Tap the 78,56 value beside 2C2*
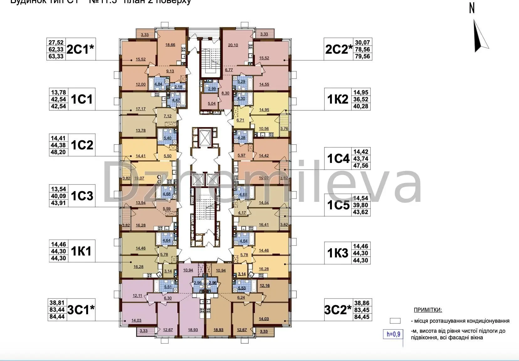pos(362,50)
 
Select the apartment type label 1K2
pos(338,100)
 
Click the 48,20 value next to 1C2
pos(58,152)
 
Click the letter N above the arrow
pos(472,8)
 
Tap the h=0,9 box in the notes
pos(393,334)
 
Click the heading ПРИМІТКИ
pos(428,310)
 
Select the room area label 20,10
pos(233,45)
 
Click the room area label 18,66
pos(170,45)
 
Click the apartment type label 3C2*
pos(338,310)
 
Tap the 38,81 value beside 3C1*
pos(58,303)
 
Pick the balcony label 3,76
pos(284,128)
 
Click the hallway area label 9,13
pos(170,71)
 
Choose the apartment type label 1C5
pos(338,205)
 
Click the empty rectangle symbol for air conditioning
pos(395,321)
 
